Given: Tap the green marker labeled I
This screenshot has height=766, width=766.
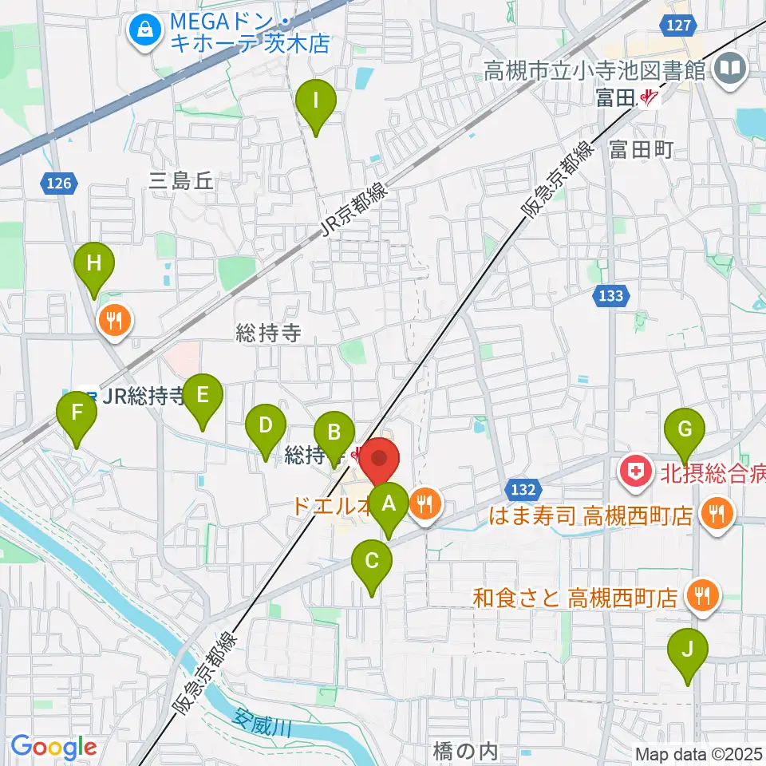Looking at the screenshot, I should pos(316,102).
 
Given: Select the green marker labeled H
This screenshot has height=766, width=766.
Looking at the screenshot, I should pos(94,263).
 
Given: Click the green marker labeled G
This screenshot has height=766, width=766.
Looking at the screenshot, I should pos(685,429).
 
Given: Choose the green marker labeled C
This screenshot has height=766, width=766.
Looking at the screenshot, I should pos(372,562).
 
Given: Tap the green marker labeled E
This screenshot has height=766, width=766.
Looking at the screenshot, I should pos(203,396).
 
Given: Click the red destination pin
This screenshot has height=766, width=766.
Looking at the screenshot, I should pos(381,460).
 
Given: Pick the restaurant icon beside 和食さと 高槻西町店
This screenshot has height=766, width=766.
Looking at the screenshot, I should pos(702,596).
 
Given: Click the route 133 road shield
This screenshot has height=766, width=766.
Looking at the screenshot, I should pos(610,296).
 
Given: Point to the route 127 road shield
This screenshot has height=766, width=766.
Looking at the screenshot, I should pos(677,26).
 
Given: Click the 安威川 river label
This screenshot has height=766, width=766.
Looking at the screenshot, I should pos(263,722).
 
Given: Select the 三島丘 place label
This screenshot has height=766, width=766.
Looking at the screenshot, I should pos(182,181).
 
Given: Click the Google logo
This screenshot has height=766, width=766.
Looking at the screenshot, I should pos(54,748).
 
